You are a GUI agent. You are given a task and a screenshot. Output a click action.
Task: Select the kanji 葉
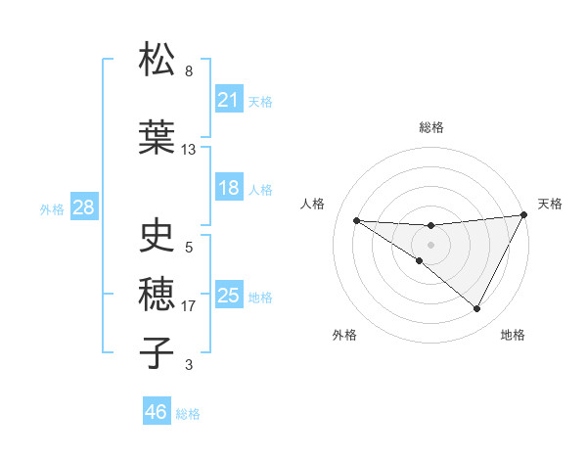coord(158,138)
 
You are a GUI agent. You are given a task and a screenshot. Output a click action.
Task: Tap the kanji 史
coord(158,235)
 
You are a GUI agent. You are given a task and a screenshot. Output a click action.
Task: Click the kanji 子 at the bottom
coord(158,351)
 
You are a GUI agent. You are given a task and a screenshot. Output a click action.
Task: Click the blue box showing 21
coord(229,100)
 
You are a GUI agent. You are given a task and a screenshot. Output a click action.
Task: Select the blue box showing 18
coord(229,188)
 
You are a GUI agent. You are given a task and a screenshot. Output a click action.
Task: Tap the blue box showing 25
coord(229,296)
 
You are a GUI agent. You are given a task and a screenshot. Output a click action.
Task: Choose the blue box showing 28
coord(83,207)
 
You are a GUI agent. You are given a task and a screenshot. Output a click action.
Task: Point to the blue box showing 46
coord(157,412)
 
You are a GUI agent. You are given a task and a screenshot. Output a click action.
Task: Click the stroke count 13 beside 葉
coord(189,150)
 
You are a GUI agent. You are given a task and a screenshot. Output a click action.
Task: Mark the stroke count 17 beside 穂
coord(189,306)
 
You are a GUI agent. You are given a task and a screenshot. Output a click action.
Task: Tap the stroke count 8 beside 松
coord(189,71)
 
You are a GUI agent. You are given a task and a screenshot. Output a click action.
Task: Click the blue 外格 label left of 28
coord(52,208)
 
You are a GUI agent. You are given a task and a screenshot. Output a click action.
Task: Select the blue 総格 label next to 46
coord(188,413)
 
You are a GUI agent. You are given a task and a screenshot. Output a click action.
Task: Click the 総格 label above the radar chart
coord(430,127)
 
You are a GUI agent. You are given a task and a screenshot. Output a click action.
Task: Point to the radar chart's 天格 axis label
coord(550,204)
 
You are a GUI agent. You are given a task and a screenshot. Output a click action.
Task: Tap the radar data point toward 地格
coord(477,309)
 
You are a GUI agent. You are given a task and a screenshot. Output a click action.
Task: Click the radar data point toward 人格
coord(356,220)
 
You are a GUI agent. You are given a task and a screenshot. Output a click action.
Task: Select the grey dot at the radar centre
coord(430,244)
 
